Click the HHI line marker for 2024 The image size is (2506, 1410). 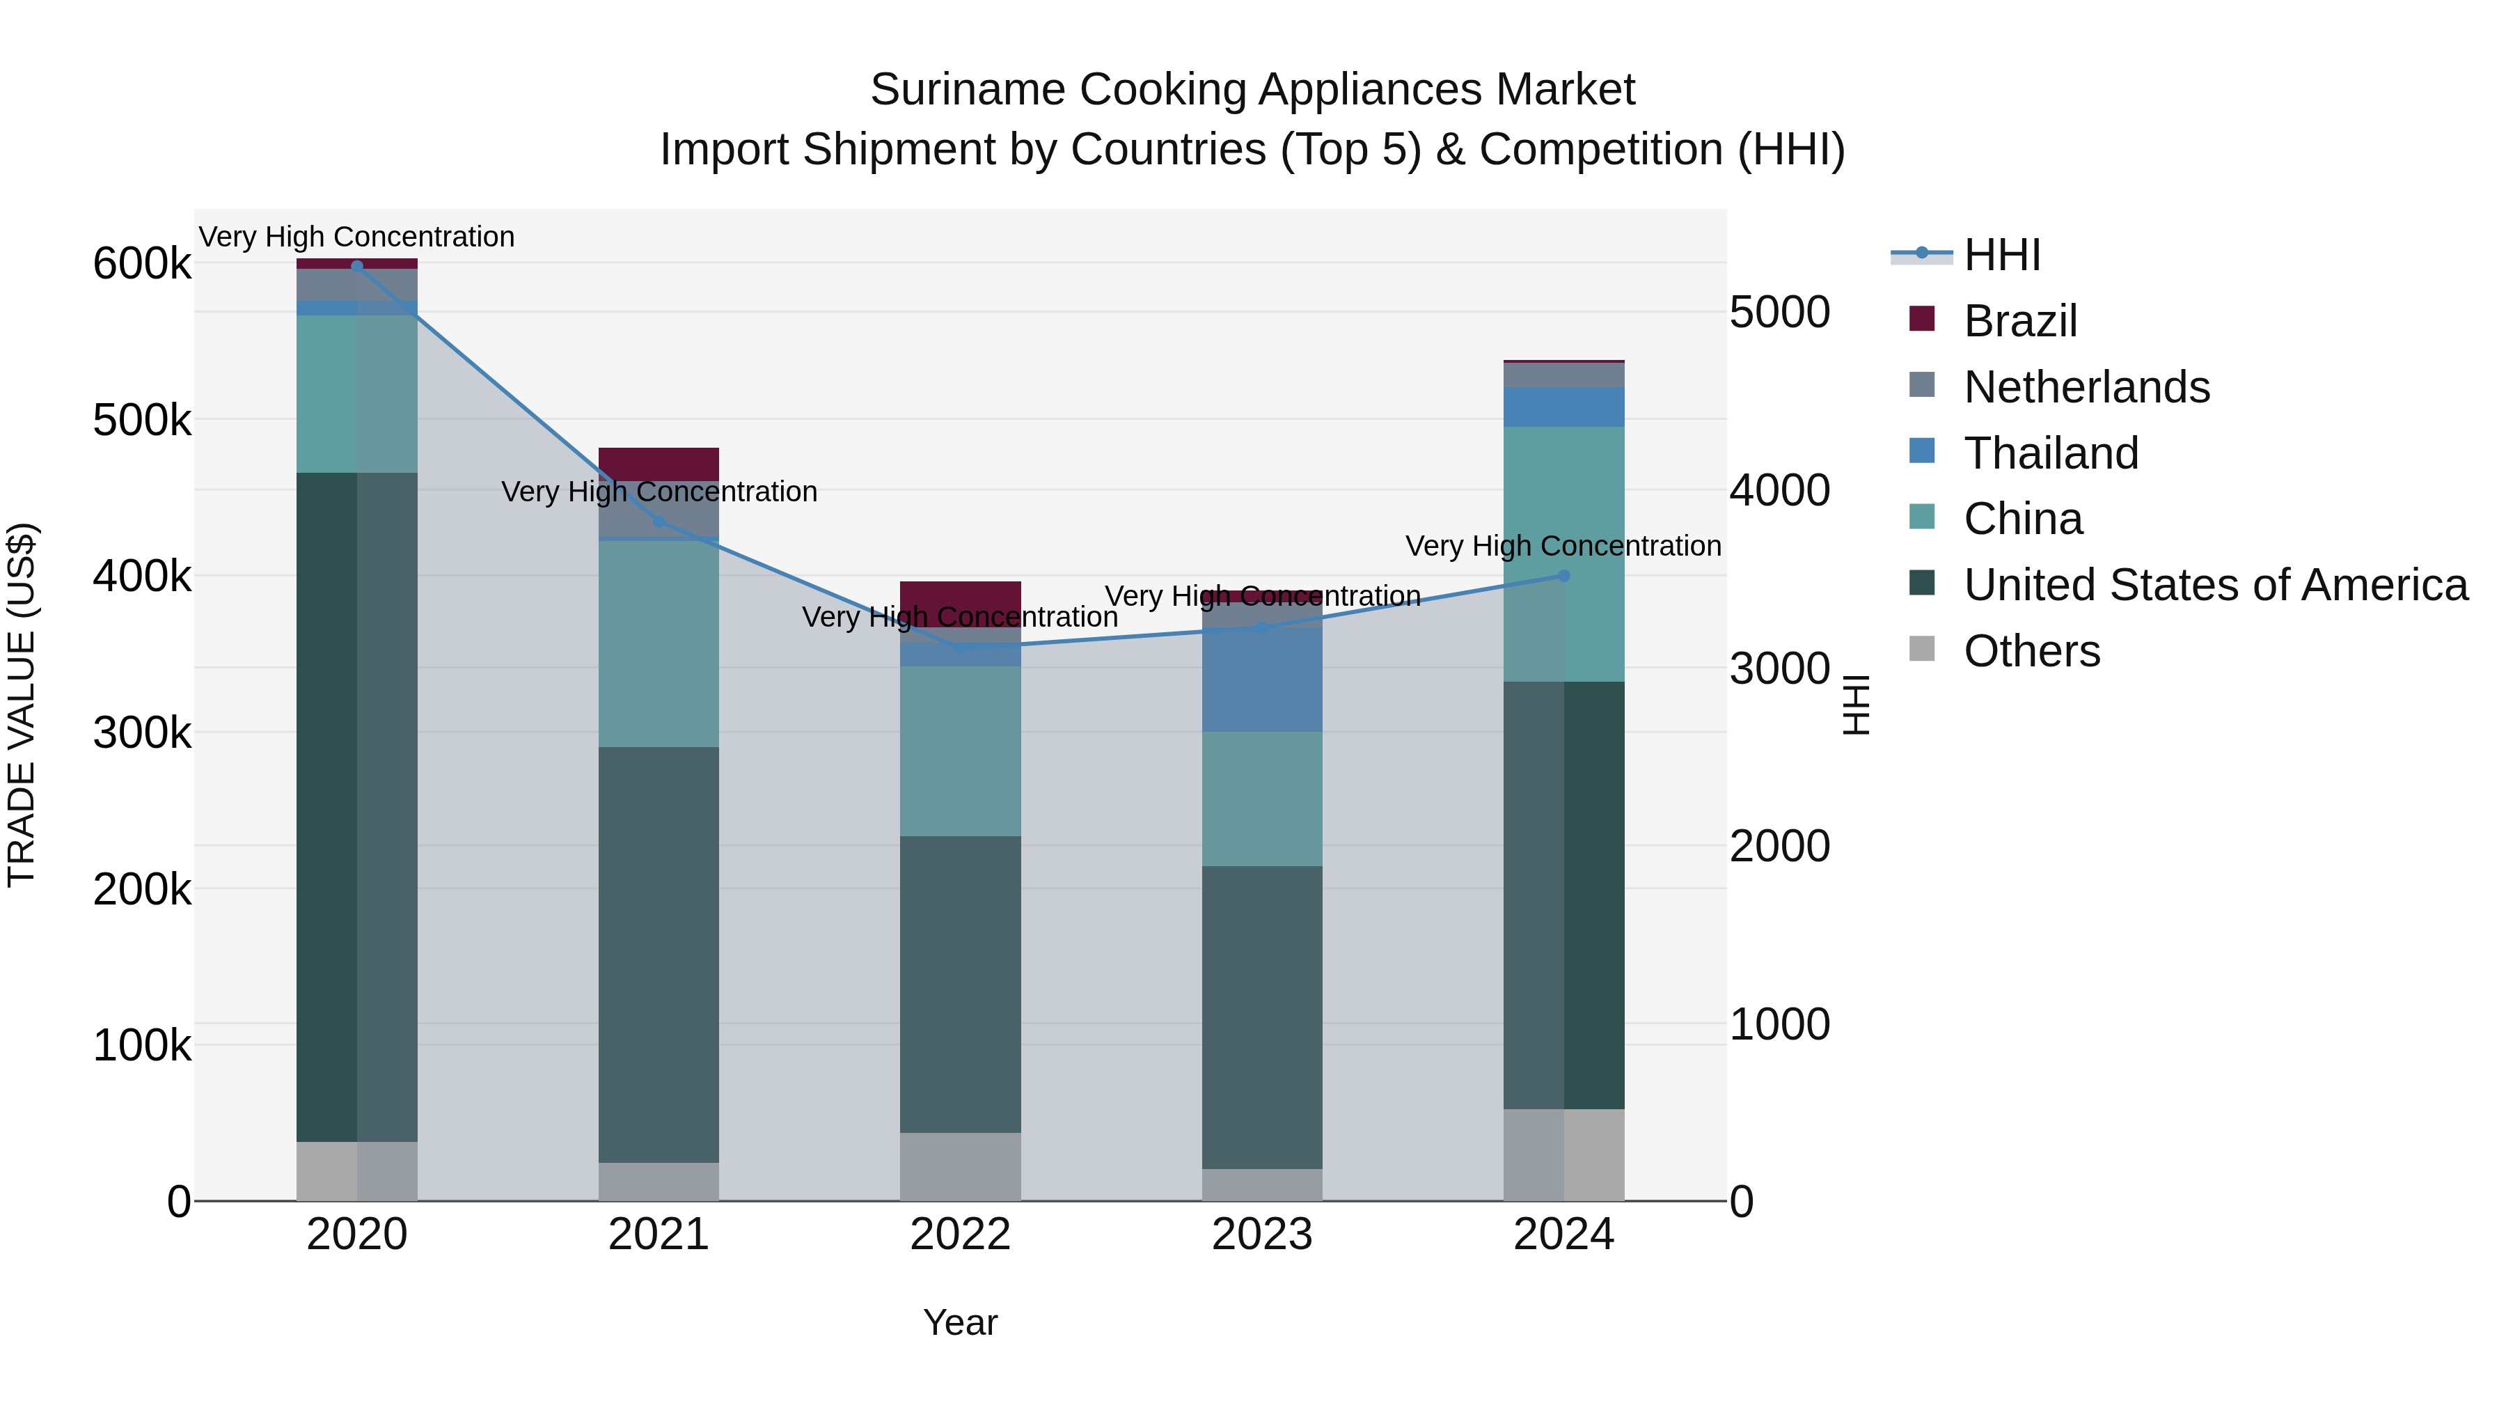[x=1563, y=576]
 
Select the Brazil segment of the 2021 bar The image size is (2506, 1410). [x=659, y=464]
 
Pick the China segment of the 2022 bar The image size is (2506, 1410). [x=960, y=751]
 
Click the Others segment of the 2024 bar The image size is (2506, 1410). [x=1563, y=1155]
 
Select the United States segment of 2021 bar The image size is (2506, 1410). [x=659, y=954]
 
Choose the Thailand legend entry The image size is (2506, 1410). [x=2051, y=453]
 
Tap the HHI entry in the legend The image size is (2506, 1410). [x=2001, y=255]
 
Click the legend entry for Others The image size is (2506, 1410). [x=2031, y=651]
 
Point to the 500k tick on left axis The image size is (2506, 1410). [x=142, y=421]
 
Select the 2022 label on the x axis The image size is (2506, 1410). [x=960, y=1235]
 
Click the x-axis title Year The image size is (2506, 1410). [x=960, y=1322]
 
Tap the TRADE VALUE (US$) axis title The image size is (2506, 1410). [x=22, y=705]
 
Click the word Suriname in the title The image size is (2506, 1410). [x=968, y=90]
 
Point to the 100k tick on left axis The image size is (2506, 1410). [x=142, y=1045]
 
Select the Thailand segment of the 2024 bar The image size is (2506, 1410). [x=1563, y=407]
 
